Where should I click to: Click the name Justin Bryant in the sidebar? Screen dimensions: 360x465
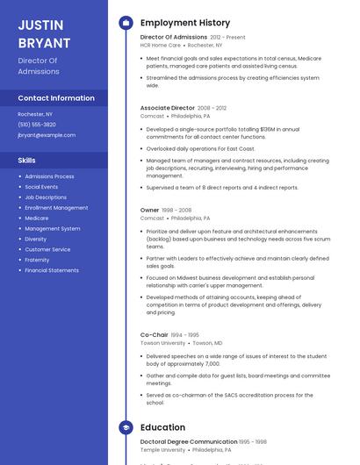click(x=44, y=33)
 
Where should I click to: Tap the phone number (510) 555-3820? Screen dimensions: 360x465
click(x=37, y=125)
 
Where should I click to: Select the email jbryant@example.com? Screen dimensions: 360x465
click(x=47, y=135)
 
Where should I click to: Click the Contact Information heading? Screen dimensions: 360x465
click(x=56, y=98)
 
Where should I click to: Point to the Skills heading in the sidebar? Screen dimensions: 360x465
click(x=27, y=161)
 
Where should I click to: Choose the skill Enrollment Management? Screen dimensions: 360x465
click(x=56, y=208)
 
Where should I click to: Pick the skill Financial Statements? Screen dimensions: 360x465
click(x=52, y=270)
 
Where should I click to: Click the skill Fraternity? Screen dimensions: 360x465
click(x=37, y=260)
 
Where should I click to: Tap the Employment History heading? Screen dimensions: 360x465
click(x=185, y=23)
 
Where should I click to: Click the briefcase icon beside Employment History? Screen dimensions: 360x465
click(x=126, y=23)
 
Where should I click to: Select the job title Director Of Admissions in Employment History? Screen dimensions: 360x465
click(x=174, y=38)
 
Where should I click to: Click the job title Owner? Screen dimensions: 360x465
click(x=150, y=211)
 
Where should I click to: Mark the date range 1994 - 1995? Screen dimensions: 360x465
click(x=184, y=335)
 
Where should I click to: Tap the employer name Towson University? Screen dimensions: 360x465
click(x=162, y=343)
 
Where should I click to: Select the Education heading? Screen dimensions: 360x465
click(x=162, y=427)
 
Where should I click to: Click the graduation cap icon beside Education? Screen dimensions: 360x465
click(x=126, y=427)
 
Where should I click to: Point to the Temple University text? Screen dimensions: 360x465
click(x=163, y=449)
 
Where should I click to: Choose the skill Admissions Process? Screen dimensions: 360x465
click(x=49, y=176)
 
